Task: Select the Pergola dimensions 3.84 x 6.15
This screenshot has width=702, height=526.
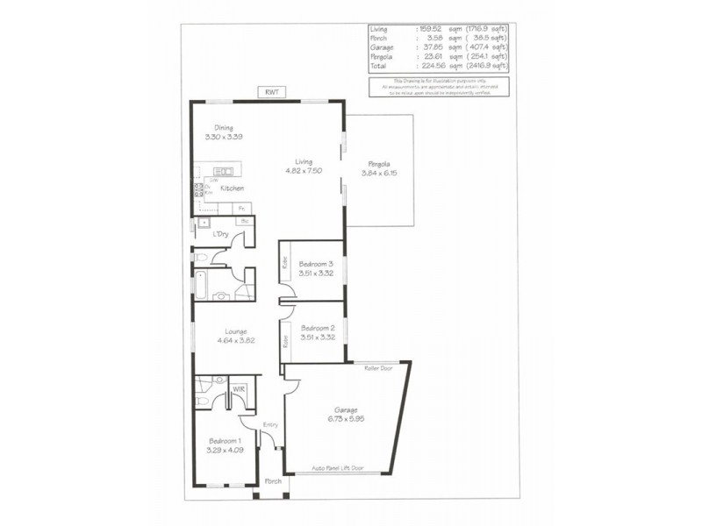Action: click(379, 173)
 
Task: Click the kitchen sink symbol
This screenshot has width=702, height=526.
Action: click(223, 172)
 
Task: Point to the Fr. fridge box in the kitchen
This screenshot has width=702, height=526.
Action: click(240, 208)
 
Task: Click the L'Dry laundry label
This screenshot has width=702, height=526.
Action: click(220, 235)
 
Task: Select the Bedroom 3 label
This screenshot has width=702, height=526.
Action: click(316, 264)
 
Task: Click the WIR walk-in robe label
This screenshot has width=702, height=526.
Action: click(238, 388)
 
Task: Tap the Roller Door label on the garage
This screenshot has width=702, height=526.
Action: click(378, 369)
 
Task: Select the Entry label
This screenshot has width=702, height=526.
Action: click(270, 425)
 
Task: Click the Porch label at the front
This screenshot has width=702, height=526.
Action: click(272, 482)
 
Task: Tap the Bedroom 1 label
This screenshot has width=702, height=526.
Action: click(225, 441)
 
